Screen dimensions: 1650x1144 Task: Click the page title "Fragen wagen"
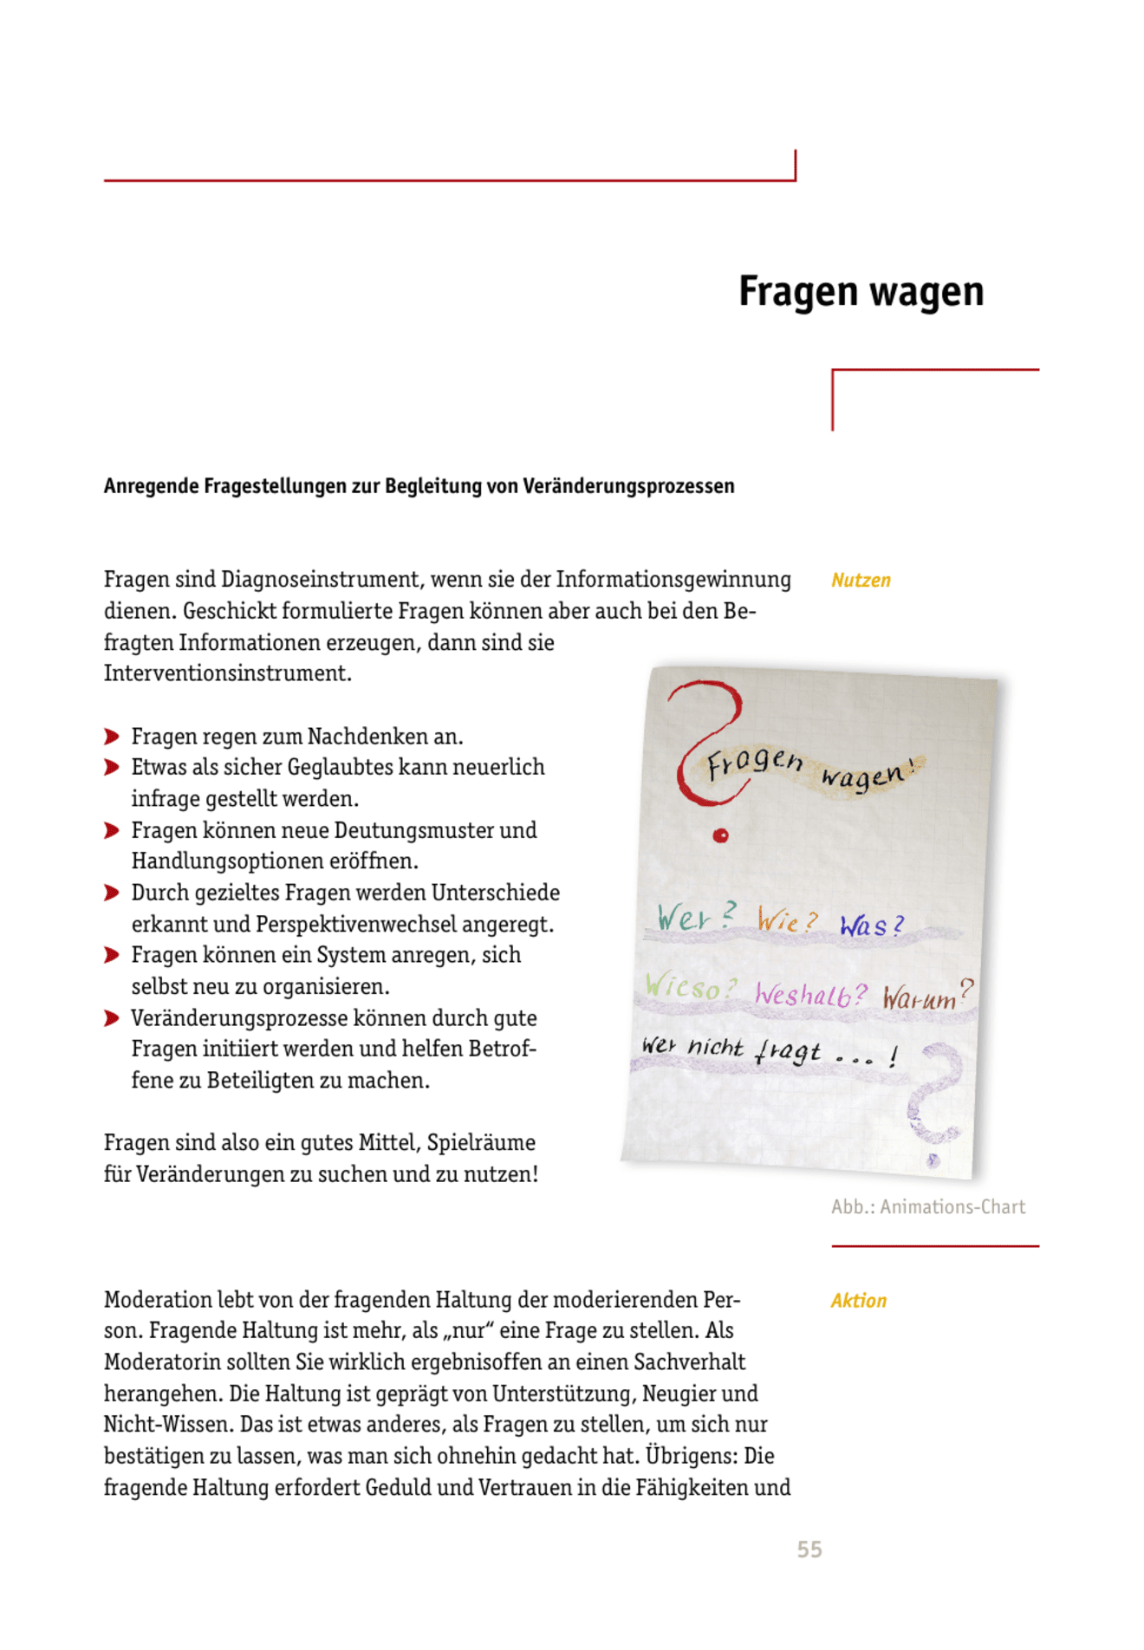point(861,291)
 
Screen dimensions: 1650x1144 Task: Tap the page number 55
point(809,1549)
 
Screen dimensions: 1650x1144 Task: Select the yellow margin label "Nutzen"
point(861,580)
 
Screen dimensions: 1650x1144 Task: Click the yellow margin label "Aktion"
point(858,1300)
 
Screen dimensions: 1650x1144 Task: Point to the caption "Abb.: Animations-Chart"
point(927,1206)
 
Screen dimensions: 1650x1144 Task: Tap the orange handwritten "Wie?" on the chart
point(786,919)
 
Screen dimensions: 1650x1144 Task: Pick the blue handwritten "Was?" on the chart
point(871,925)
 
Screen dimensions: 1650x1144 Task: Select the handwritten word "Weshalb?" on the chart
point(809,993)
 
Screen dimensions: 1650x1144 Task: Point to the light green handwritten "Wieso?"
point(690,986)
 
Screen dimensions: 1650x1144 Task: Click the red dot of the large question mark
point(720,835)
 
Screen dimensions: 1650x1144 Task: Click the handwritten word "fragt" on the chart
point(787,1052)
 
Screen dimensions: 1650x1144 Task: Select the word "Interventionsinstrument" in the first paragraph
point(227,673)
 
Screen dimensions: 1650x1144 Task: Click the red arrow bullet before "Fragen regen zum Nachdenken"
point(112,737)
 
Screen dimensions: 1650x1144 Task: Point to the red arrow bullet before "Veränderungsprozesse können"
point(112,1017)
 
